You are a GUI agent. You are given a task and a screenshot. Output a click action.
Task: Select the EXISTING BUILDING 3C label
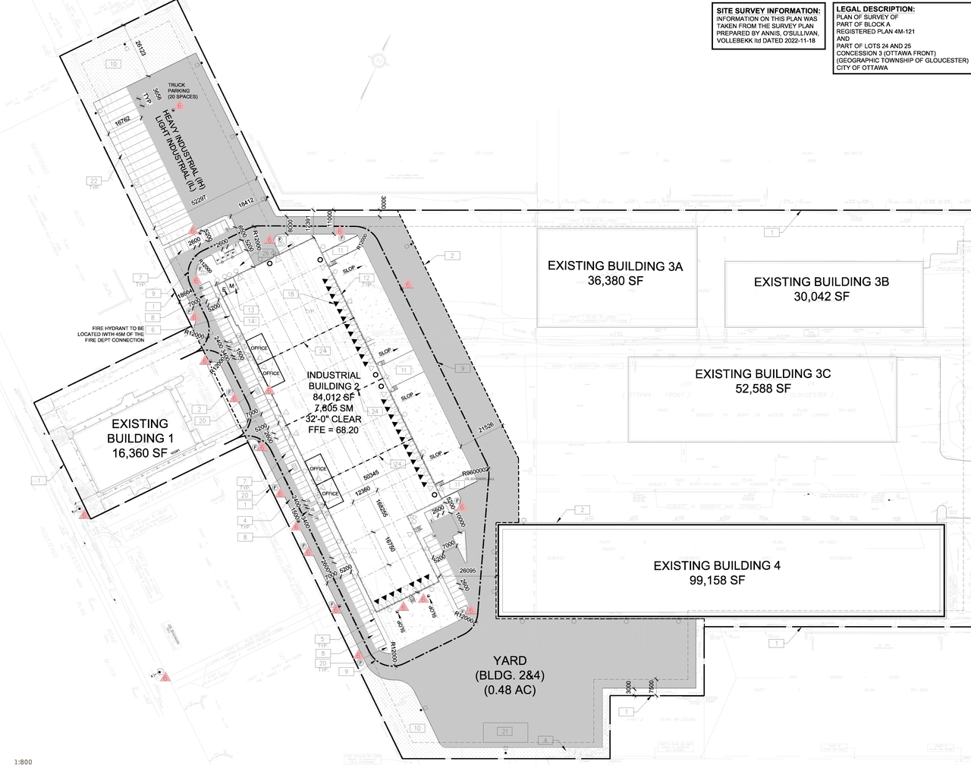click(762, 374)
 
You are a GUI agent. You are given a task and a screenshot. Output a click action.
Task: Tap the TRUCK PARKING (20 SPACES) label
click(183, 92)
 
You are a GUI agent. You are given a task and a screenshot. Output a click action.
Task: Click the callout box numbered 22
click(94, 181)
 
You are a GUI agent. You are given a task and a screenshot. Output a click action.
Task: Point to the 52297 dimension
click(199, 199)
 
